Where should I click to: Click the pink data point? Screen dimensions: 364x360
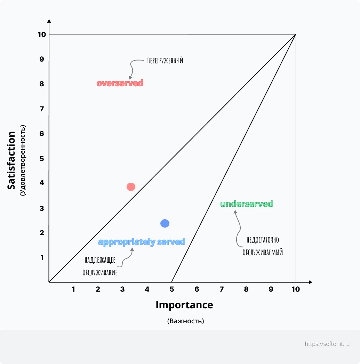tap(131, 187)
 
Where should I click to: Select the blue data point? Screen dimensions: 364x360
tap(165, 223)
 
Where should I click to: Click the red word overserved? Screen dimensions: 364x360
tap(120, 83)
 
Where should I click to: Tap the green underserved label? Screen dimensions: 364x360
tap(247, 204)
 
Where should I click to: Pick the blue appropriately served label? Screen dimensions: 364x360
tap(142, 242)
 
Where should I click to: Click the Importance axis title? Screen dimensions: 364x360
tap(184, 305)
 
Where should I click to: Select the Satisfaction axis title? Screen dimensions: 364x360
tap(12, 160)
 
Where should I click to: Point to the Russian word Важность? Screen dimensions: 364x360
tap(186, 321)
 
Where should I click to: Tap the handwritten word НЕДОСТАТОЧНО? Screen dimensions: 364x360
tap(263, 240)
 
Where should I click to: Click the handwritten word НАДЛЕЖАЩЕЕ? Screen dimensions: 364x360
tap(100, 260)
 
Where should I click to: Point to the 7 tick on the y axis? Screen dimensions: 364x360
tap(42, 109)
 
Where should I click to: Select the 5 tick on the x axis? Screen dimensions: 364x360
tap(172, 289)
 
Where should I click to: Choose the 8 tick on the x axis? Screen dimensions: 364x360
tap(246, 289)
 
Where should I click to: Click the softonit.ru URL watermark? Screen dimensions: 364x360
tap(327, 344)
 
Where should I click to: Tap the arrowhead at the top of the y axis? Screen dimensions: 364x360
tap(49, 21)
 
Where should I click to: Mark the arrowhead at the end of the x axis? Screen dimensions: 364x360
tap(310, 282)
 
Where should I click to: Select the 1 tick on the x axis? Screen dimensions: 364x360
tap(73, 289)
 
